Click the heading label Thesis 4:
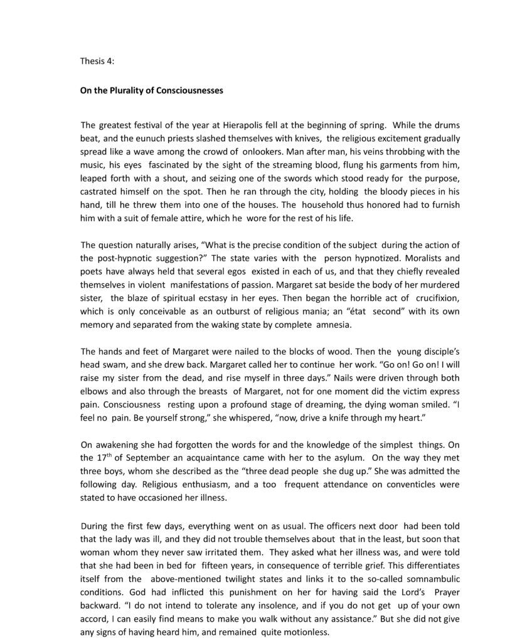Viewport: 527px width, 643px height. pos(97,62)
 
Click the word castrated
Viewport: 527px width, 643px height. pos(100,193)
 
